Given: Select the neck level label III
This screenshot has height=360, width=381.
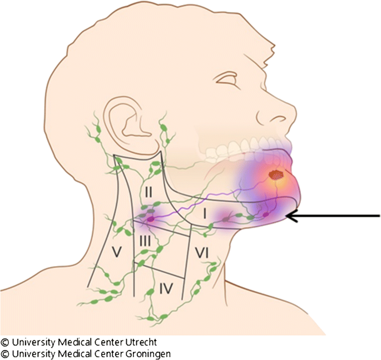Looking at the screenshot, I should (x=145, y=241).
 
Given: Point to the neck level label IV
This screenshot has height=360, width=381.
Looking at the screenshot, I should (x=166, y=288).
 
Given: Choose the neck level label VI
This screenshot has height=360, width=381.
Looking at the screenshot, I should (x=201, y=253).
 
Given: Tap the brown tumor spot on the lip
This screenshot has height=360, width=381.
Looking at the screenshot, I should (x=275, y=174).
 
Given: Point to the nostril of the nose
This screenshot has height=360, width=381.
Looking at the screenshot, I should (x=276, y=119).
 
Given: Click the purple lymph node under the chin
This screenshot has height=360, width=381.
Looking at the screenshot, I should (x=266, y=214).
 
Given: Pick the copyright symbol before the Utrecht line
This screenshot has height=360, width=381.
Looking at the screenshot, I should (x=5, y=342).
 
